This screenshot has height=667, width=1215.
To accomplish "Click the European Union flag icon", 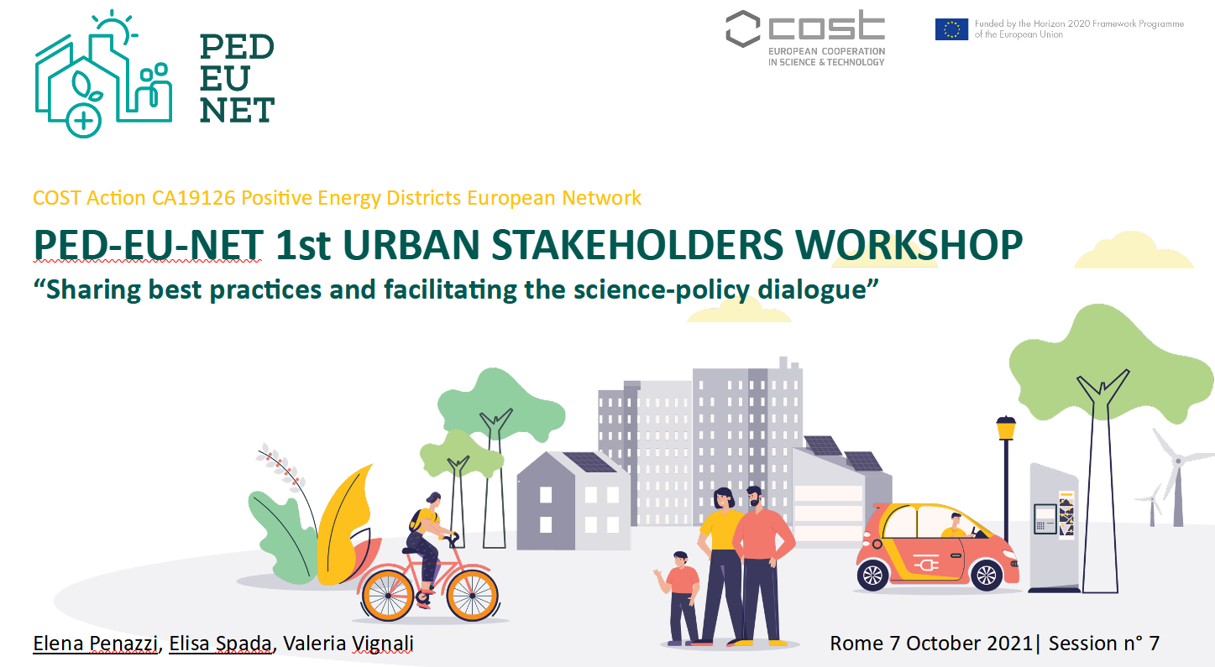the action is coord(951,29).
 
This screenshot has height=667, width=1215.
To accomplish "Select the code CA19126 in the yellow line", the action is coord(194,198).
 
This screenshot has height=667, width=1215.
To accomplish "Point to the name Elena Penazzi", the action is coord(96,644).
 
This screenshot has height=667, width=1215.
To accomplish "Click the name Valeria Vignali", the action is coord(348,644).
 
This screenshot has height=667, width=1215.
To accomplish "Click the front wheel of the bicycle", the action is coord(471,596).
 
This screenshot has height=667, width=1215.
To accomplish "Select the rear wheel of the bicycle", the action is coord(387,596).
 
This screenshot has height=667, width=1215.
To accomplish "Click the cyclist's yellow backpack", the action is coord(416,520).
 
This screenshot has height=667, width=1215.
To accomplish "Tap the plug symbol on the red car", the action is coord(926,565).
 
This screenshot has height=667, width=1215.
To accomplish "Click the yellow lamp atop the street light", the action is coord(1006,428).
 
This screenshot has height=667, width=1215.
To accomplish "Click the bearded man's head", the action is coord(754,497).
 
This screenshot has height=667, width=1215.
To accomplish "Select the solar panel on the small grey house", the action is coord(589,462).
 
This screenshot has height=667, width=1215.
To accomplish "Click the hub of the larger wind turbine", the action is coord(1178,461).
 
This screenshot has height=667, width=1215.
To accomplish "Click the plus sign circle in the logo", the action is coord(83,120).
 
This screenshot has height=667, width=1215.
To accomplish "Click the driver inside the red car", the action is coord(956,525).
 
